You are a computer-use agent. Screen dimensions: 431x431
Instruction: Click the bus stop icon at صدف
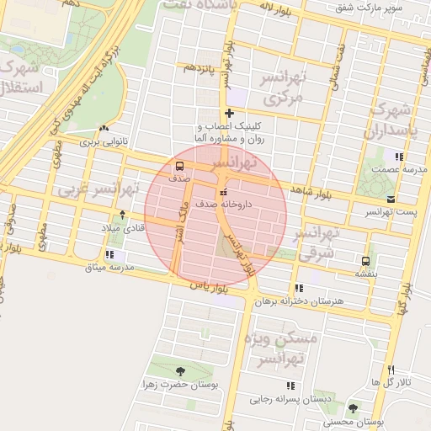click(x=180, y=165)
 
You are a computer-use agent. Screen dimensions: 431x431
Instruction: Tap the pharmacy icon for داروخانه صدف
click(x=222, y=194)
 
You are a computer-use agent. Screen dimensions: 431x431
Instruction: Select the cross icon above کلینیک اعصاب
click(x=229, y=113)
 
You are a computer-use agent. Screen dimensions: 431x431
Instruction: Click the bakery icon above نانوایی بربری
click(x=103, y=129)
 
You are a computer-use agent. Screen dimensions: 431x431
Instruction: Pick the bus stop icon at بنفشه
click(x=365, y=261)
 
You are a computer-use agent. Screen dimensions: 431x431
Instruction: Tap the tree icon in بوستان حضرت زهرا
click(x=180, y=370)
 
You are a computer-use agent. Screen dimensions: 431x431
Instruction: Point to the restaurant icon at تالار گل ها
click(x=391, y=370)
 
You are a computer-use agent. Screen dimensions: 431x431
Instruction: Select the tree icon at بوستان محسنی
click(x=352, y=408)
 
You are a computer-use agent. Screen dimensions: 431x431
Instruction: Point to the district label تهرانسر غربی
click(x=95, y=190)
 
